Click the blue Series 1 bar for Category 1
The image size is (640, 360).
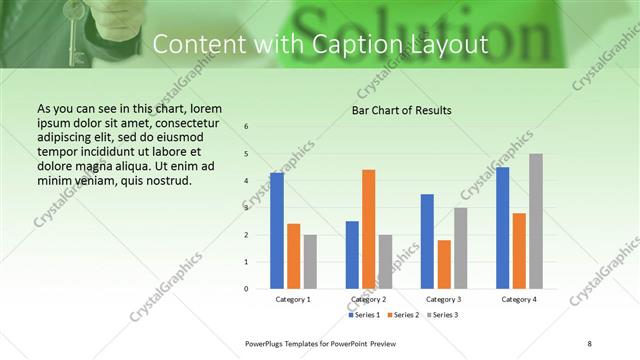coord(277,231)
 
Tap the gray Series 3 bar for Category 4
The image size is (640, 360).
coord(536,221)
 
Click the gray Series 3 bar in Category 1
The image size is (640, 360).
coord(310,262)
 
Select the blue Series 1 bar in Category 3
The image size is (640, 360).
coord(427,241)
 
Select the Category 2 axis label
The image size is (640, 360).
coord(369,299)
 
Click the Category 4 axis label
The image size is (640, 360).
coord(519,299)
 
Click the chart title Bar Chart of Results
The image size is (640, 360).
coord(401,110)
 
